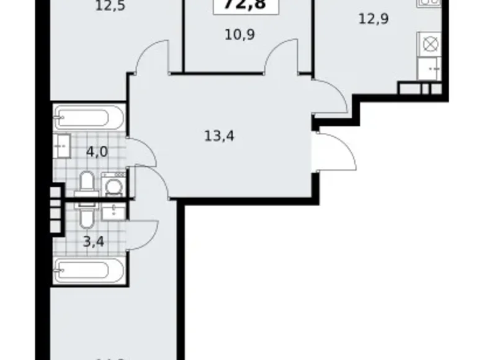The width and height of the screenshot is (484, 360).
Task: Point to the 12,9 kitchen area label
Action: tap(373, 19)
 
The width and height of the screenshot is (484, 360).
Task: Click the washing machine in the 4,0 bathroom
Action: tap(113, 184)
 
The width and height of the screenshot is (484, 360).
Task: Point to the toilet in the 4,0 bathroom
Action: tap(87, 184)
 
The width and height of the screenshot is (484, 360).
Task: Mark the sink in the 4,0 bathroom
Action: tap(62, 146)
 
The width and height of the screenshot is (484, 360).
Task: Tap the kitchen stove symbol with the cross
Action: tap(429, 43)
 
